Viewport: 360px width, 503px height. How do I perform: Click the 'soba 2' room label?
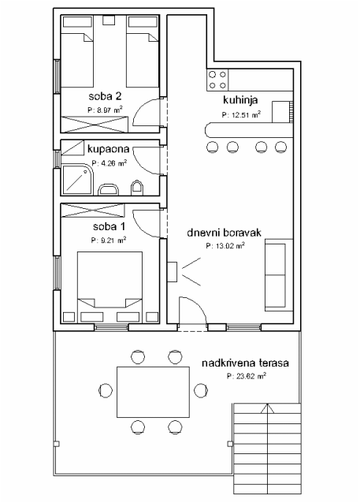tap(105, 96)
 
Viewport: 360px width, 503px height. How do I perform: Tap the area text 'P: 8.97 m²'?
tap(105, 110)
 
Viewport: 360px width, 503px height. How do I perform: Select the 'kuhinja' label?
tap(240, 100)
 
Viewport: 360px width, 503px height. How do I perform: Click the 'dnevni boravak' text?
tap(224, 233)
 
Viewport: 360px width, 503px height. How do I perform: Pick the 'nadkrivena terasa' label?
tap(245, 363)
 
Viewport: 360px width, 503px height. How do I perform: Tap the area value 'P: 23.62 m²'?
tap(247, 376)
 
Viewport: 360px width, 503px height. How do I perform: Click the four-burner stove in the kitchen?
tap(217, 80)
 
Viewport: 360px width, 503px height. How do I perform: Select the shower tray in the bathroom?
tap(77, 181)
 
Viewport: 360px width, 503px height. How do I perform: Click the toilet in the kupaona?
tap(137, 188)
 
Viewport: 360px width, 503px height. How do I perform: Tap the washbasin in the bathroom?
tap(109, 189)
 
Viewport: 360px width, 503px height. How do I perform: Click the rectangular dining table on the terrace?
tap(154, 392)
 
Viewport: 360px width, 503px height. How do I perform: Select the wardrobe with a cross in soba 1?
tap(93, 211)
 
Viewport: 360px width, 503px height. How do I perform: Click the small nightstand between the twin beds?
tap(109, 20)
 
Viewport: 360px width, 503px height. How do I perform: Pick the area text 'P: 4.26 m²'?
tap(109, 163)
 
